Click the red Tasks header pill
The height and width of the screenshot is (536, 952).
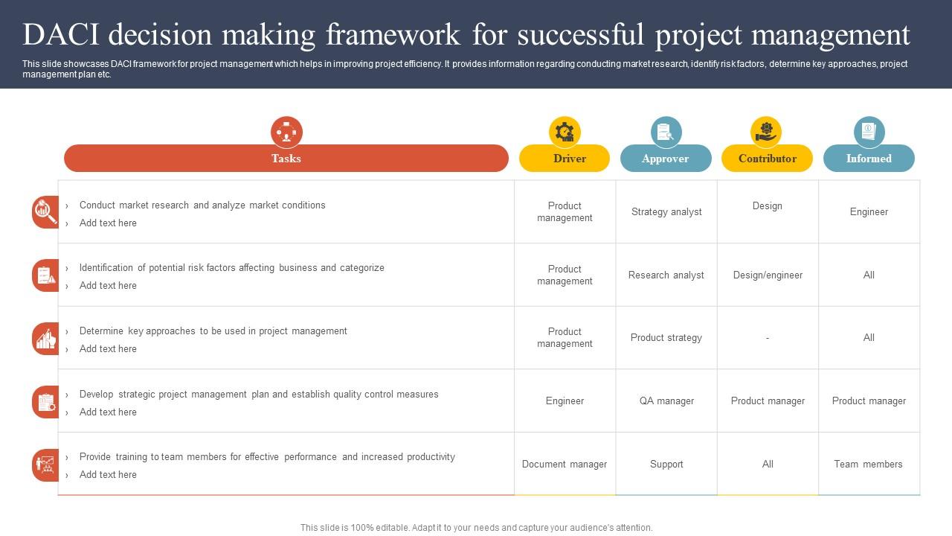coord(286,159)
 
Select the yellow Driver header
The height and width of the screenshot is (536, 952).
coord(565,159)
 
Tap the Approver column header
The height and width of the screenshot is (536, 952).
coord(666,159)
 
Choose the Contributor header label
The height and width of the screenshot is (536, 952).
coord(767,159)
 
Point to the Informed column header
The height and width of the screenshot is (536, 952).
coord(869,159)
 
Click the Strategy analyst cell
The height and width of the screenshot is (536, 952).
coord(666,212)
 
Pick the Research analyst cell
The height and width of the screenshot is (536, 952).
coord(666,275)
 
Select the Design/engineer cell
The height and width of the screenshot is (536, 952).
coord(768,275)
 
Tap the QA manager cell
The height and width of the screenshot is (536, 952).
coord(666,401)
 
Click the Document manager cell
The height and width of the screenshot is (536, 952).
coord(565,464)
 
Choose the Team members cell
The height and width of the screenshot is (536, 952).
coord(868,464)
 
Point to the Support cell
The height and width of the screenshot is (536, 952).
coord(666,464)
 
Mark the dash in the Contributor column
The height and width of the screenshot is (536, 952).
coord(768,338)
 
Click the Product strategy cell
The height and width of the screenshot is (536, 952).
coord(666,338)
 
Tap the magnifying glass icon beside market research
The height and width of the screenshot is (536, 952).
coord(46,212)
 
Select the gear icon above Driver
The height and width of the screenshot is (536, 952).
coord(565,132)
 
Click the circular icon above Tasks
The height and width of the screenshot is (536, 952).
coord(286,132)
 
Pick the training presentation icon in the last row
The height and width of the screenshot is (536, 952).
coord(45,465)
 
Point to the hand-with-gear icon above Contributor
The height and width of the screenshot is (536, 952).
coord(766,132)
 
